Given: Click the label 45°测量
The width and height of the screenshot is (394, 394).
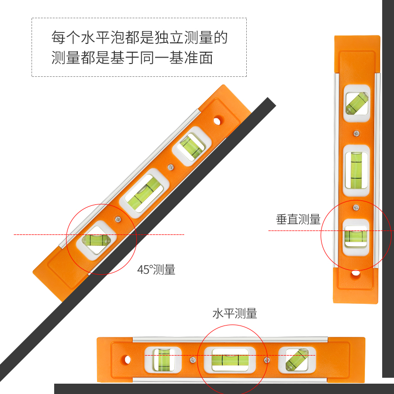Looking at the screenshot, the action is (156, 269).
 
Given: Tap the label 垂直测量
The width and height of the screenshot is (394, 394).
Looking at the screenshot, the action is (298, 219).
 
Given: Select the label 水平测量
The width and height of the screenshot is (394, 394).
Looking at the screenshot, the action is (235, 314).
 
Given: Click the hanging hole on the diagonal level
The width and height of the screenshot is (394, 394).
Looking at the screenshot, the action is (217, 121).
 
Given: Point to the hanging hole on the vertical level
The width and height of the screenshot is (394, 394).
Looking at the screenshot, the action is (355, 273).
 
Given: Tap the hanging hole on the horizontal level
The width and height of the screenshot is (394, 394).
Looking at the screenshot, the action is (128, 360).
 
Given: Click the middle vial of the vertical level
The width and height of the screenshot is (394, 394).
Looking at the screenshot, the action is (356, 170).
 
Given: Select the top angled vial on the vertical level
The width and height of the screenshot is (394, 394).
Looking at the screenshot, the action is (357, 103).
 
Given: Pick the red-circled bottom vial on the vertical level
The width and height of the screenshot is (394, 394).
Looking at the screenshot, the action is (356, 237).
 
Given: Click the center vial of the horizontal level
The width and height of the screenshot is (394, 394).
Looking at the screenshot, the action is (230, 360).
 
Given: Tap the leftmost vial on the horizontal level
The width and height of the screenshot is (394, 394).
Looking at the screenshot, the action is (163, 360).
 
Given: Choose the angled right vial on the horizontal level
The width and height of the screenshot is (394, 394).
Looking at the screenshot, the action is (297, 360).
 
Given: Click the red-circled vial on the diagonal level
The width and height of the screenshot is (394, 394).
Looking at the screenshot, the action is (96, 240).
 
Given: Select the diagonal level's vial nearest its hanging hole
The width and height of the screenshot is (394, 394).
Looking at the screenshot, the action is (192, 146).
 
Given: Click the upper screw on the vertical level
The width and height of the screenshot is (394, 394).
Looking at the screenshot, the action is (356, 133).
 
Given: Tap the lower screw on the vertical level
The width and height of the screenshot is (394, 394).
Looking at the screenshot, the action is (356, 207).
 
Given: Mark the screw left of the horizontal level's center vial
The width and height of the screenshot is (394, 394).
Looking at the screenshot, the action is (193, 360).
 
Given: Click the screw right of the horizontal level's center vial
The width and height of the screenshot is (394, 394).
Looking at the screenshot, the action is (266, 360).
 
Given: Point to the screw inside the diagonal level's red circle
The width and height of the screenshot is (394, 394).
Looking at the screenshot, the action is (118, 219).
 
